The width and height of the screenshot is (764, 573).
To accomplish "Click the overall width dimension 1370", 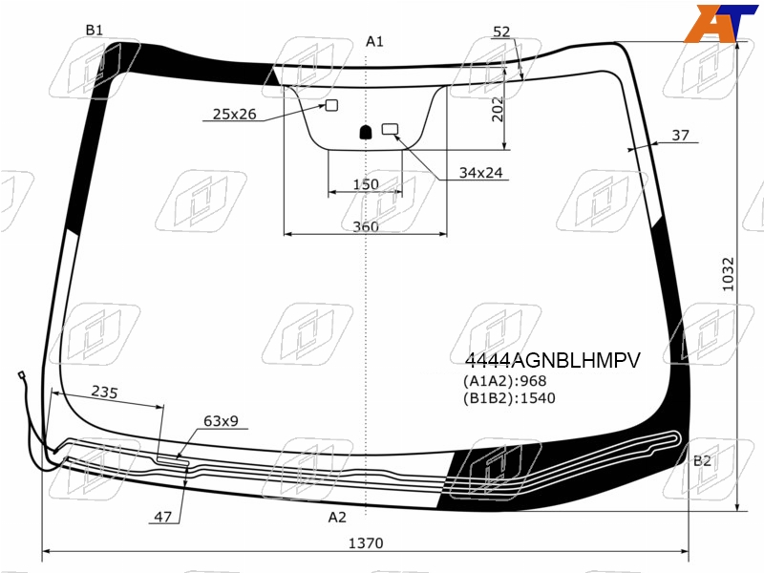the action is pyautogui.click(x=366, y=542).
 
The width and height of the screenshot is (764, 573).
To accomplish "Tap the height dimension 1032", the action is pyautogui.click(x=728, y=274).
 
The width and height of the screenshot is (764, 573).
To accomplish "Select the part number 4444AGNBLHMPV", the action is pyautogui.click(x=553, y=361).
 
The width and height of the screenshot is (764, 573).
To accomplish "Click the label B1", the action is pyautogui.click(x=95, y=31).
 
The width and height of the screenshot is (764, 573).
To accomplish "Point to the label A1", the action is pyautogui.click(x=374, y=41).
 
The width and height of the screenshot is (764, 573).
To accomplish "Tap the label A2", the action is pyautogui.click(x=337, y=517).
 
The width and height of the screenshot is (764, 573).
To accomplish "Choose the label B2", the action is pyautogui.click(x=702, y=460).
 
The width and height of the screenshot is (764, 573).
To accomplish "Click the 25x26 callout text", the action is pyautogui.click(x=234, y=114).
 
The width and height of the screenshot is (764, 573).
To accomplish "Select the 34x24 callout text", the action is pyautogui.click(x=481, y=173).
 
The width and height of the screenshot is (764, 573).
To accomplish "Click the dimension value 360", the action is pyautogui.click(x=366, y=226).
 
